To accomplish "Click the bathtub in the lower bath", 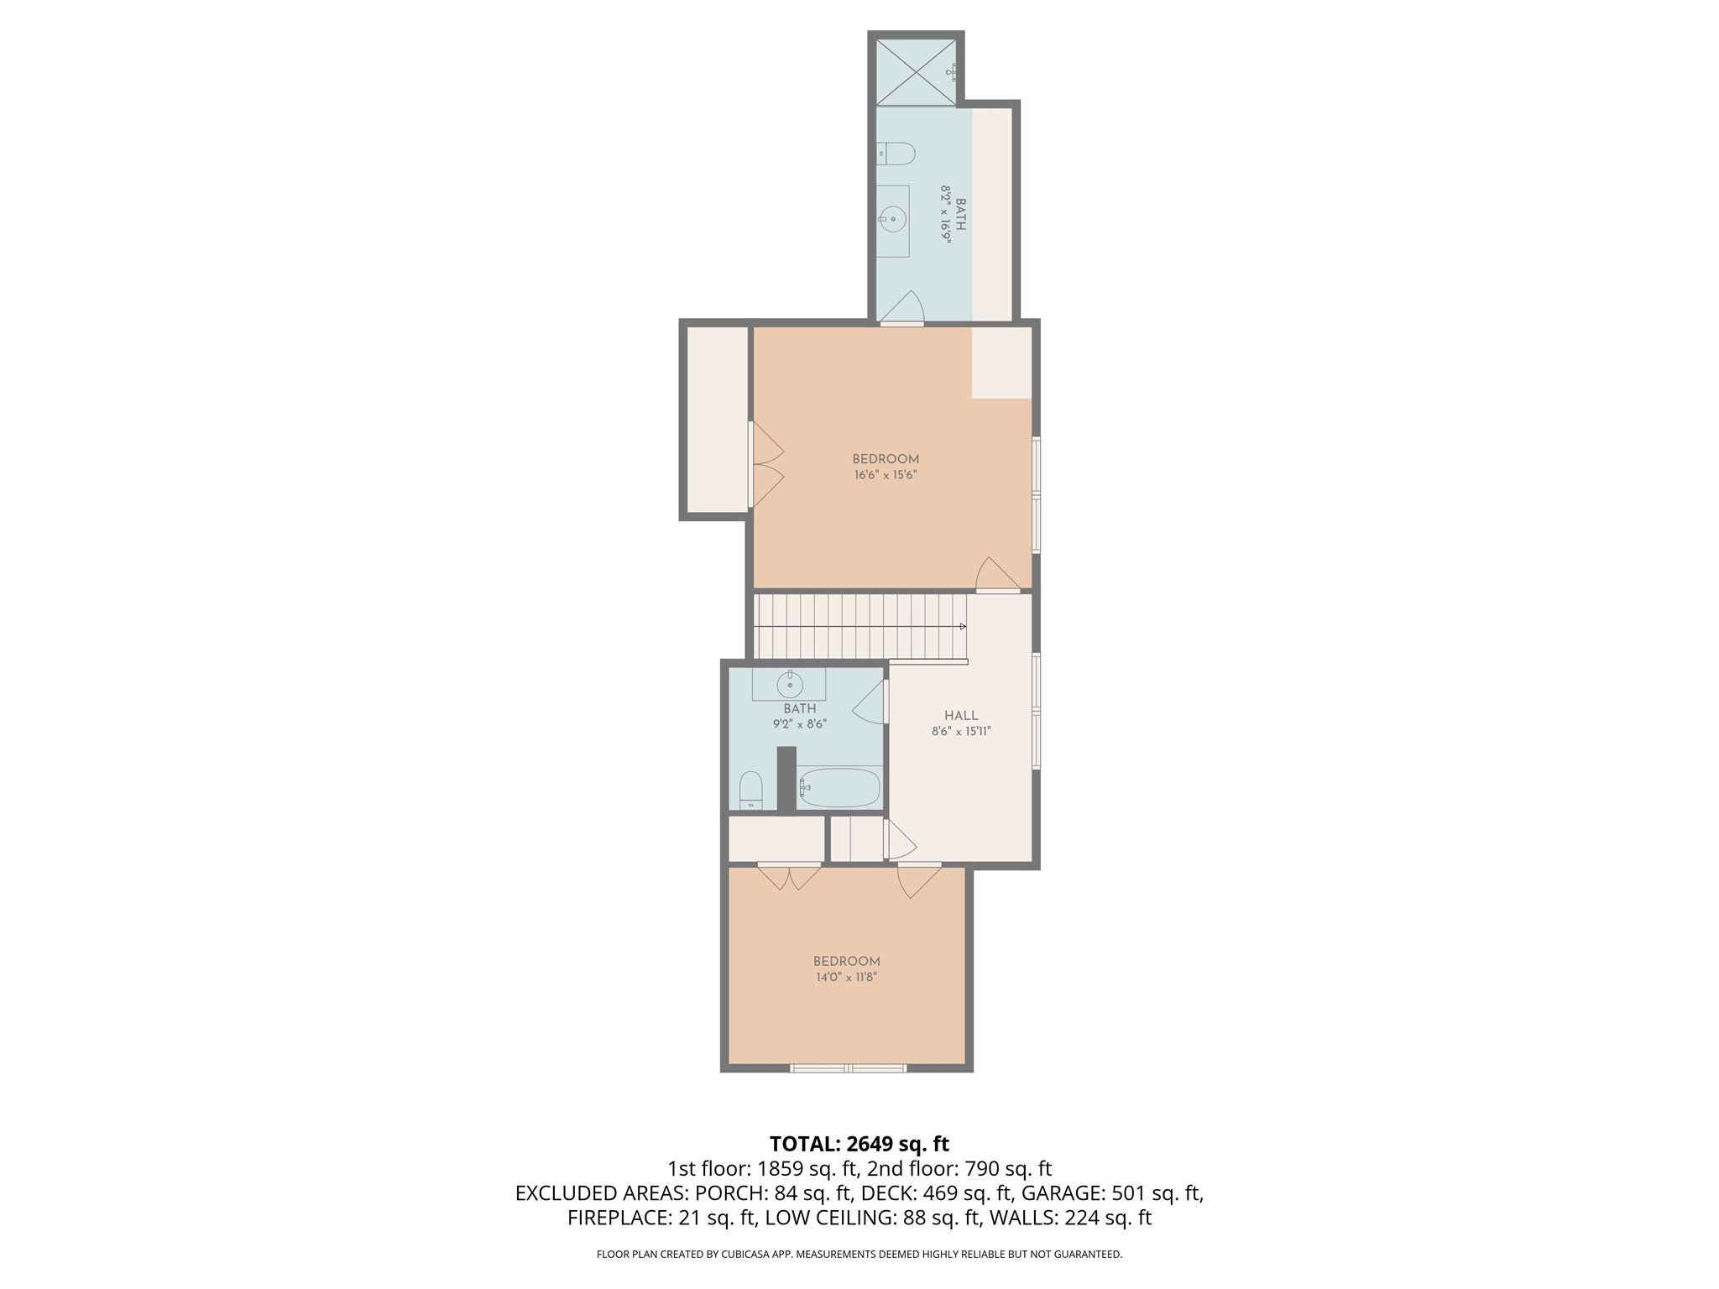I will [x=839, y=788].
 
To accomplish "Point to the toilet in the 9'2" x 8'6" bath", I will [x=750, y=791].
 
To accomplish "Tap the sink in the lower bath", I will [x=790, y=685].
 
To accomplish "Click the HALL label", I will [x=961, y=716].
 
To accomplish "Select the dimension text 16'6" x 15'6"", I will [x=885, y=475].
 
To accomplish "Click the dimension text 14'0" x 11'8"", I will [x=846, y=977].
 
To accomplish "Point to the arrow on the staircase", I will [x=962, y=626].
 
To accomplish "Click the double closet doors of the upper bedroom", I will [x=765, y=464].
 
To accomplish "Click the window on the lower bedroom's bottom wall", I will [x=848, y=1068].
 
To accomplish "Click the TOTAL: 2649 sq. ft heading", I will [x=859, y=1144].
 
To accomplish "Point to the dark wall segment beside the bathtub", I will [x=786, y=779].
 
